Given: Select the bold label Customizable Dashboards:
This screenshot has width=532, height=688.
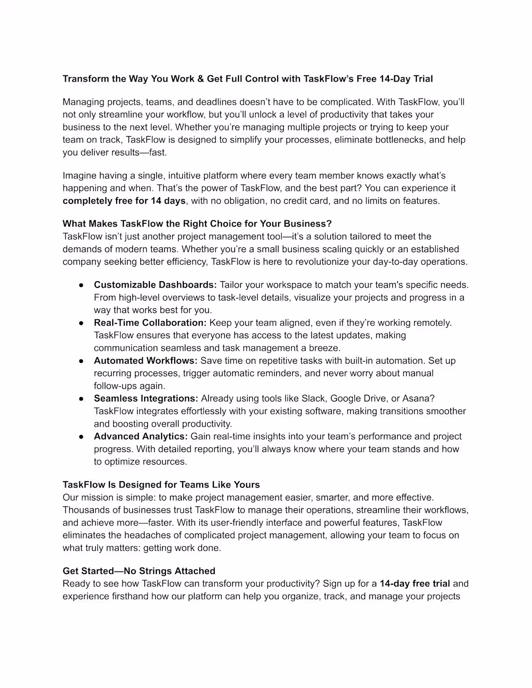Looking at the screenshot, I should (x=155, y=285).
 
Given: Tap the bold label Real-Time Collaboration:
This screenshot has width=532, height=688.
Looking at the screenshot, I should (x=150, y=322).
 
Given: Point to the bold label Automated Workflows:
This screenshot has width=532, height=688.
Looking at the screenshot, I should (x=146, y=360).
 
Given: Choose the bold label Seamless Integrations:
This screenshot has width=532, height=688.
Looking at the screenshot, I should (x=146, y=398).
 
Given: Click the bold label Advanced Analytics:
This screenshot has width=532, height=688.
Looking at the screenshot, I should (x=141, y=436).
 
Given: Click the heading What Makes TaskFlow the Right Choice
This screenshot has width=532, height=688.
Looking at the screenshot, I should (x=197, y=224).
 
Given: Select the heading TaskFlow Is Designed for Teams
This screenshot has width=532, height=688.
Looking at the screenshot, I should (x=161, y=485).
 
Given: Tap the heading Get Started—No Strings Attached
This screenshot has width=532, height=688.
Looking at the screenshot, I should (x=139, y=571).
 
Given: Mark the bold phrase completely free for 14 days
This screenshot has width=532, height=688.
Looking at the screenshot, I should (x=124, y=201).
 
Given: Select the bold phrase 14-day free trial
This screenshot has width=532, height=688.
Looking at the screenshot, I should (x=414, y=584).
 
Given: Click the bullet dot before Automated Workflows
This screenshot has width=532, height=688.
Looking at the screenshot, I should (x=82, y=361).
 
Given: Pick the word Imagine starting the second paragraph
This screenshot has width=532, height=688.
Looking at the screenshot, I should (x=79, y=175).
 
